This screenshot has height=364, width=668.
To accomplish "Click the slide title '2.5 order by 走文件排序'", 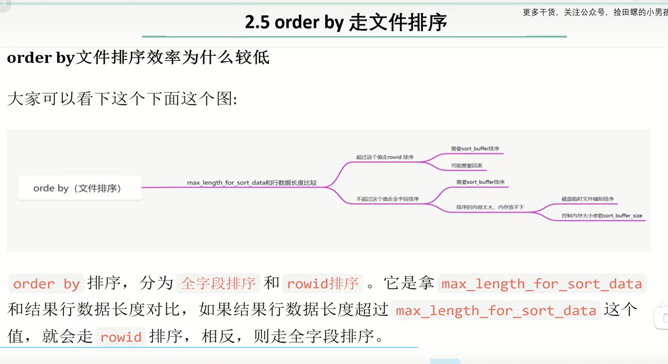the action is pos(346,22).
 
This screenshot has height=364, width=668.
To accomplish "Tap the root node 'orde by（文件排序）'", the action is pos(77,188).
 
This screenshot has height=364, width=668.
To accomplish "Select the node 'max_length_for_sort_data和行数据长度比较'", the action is pos(252,183).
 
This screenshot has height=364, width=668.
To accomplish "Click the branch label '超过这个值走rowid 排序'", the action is pos(385,157).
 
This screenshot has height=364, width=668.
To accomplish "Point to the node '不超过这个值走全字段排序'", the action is pos(387,199).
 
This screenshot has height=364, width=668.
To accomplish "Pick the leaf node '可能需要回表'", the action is pos(467,165).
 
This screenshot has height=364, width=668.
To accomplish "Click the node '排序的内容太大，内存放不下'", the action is pos(490,207).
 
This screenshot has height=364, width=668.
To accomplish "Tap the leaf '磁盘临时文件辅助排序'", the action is pos(587,199).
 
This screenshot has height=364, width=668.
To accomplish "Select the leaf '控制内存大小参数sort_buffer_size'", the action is pos(602,216).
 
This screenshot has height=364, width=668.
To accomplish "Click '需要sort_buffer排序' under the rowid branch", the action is pos(475,149).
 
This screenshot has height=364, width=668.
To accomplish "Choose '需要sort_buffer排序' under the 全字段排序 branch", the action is pos(480,182).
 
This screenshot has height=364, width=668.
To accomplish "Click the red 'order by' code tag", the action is pos(46,284).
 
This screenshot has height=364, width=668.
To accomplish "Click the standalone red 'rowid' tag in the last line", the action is pos(121,337).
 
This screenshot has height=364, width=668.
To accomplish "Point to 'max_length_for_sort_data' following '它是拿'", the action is pos(542,284).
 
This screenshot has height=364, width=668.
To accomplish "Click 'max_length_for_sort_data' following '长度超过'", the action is pos(496,310).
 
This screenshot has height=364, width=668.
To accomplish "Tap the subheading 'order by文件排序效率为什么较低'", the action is pos(138,58).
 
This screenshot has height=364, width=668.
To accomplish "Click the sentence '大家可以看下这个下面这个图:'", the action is pos(122,99).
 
